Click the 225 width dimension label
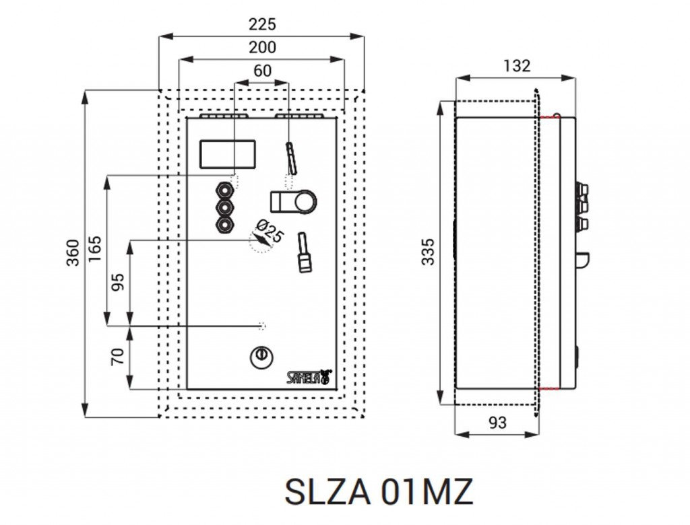tap(262, 24)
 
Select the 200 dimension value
tap(262, 48)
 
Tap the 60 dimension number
tap(262, 71)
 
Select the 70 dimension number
tap(118, 357)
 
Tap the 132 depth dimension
tap(517, 66)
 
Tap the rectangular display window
tap(228, 153)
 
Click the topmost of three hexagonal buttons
tap(224, 189)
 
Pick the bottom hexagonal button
tap(224, 224)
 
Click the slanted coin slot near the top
tap(291, 157)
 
